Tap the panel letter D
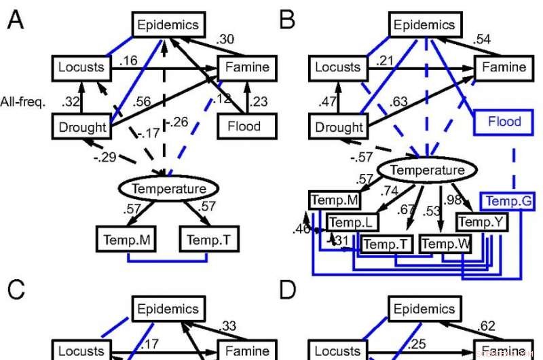(x=288, y=291)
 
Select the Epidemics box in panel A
(x=168, y=26)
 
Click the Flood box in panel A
(x=247, y=126)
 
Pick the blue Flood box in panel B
(x=504, y=122)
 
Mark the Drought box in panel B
(x=339, y=127)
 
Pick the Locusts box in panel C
(x=81, y=351)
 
